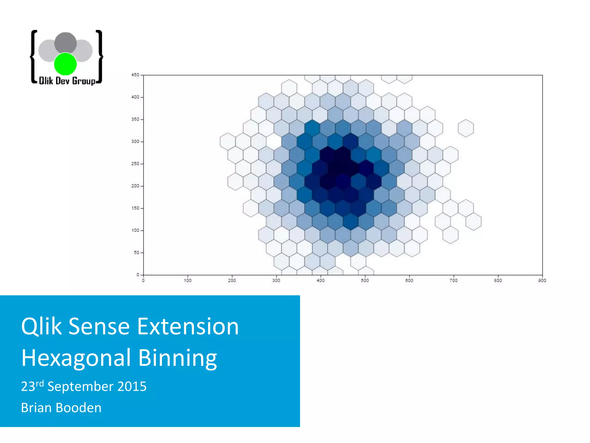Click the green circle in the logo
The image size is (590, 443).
tap(65, 64)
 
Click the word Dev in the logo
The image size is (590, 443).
tap(62, 81)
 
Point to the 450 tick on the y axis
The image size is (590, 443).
tap(135, 75)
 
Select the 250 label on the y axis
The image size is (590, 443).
tap(135, 164)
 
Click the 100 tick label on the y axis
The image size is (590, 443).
tap(135, 230)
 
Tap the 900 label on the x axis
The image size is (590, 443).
tap(542, 281)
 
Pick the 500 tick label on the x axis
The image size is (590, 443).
tap(365, 281)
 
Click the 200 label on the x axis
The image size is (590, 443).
tap(232, 281)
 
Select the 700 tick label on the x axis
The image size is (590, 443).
tap(453, 281)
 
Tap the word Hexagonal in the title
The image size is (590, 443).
tap(76, 358)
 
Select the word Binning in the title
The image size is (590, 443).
tap(177, 358)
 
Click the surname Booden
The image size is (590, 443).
tap(78, 408)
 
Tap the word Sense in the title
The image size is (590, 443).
tap(99, 326)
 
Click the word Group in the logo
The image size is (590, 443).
tap(84, 81)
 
